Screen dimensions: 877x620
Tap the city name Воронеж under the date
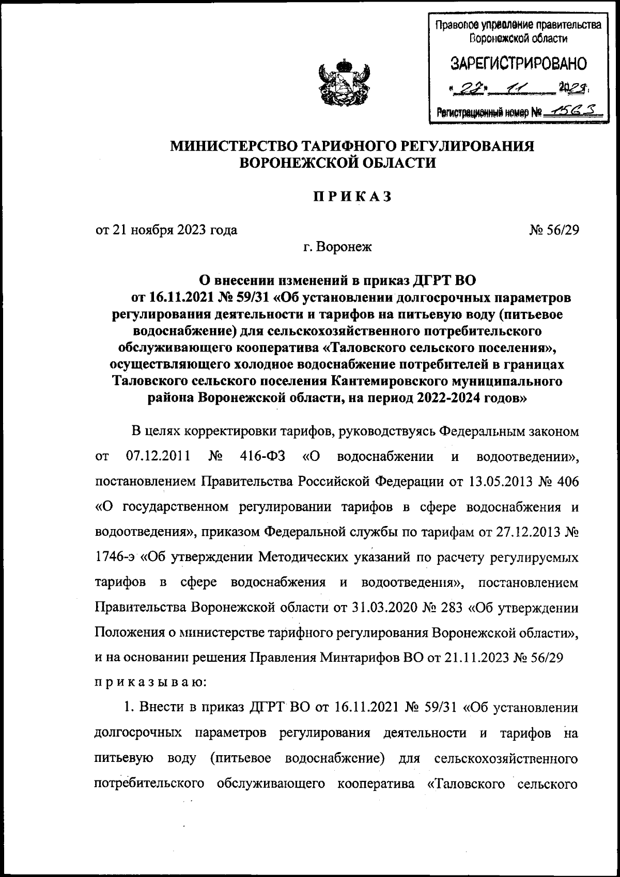pyautogui.click(x=345, y=247)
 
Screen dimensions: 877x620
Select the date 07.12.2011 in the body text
pyautogui.click(x=157, y=456)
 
